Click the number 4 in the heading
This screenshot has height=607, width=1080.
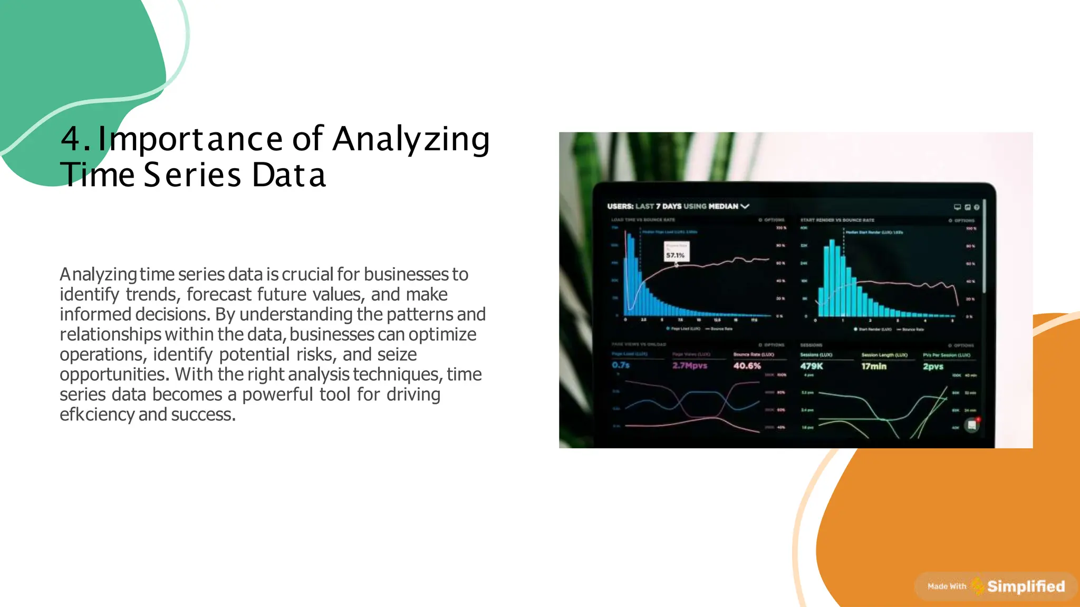71,139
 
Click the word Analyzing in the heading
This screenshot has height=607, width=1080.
411,139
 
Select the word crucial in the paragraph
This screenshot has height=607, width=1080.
307,274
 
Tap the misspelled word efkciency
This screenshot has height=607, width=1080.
97,415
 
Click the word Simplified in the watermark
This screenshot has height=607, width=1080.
1026,586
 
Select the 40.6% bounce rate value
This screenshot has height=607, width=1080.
747,365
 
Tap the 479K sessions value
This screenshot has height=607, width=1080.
811,366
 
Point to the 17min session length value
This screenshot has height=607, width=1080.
874,366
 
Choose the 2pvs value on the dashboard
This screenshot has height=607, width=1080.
933,366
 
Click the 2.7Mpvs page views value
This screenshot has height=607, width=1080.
690,365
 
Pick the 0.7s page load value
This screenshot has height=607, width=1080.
621,365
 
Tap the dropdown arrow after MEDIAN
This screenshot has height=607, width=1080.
745,206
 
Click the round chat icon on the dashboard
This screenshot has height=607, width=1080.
971,425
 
